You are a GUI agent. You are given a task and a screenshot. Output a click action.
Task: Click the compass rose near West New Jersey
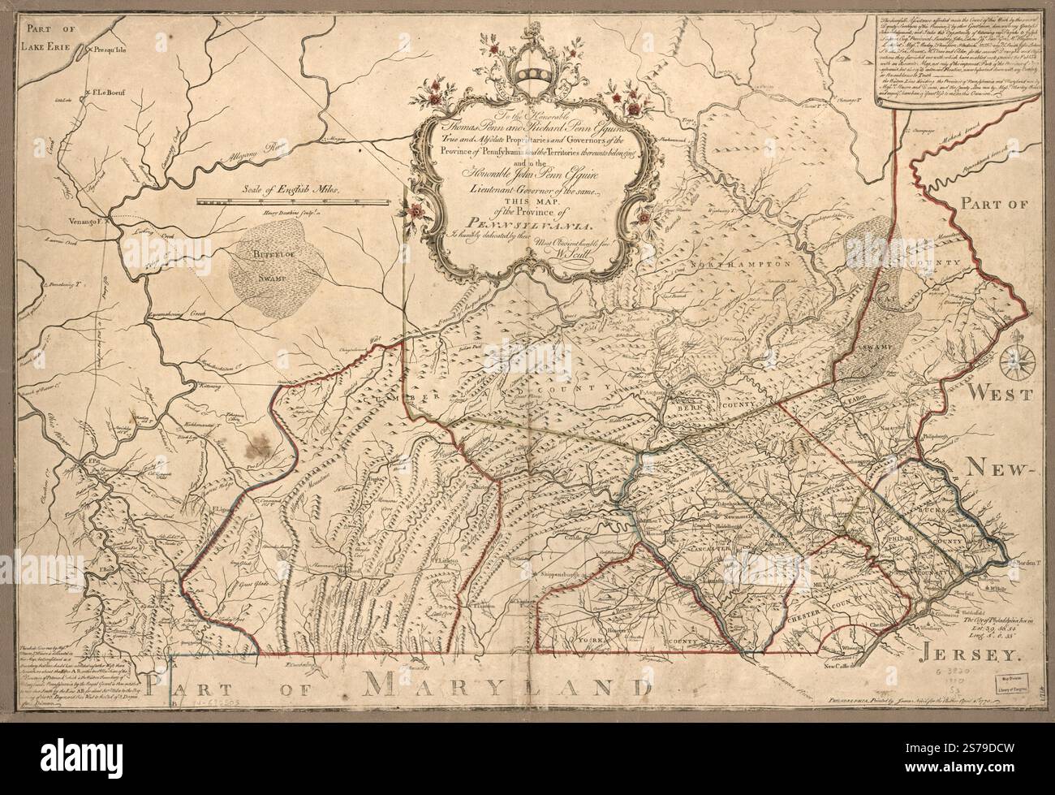point(1014,360)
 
